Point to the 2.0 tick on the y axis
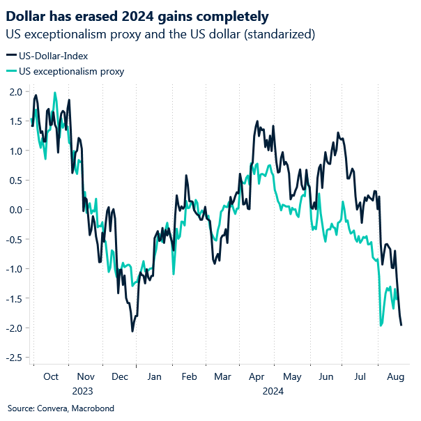point(15,91)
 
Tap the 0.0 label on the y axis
point(15,210)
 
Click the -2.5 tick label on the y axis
point(14,358)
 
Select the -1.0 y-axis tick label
point(14,269)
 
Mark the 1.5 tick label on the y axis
point(15,121)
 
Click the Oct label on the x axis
point(51,376)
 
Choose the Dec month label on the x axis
point(120,376)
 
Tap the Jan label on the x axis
point(155,376)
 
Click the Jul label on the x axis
point(360,376)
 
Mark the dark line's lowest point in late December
point(132,331)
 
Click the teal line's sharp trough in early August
point(381,325)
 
